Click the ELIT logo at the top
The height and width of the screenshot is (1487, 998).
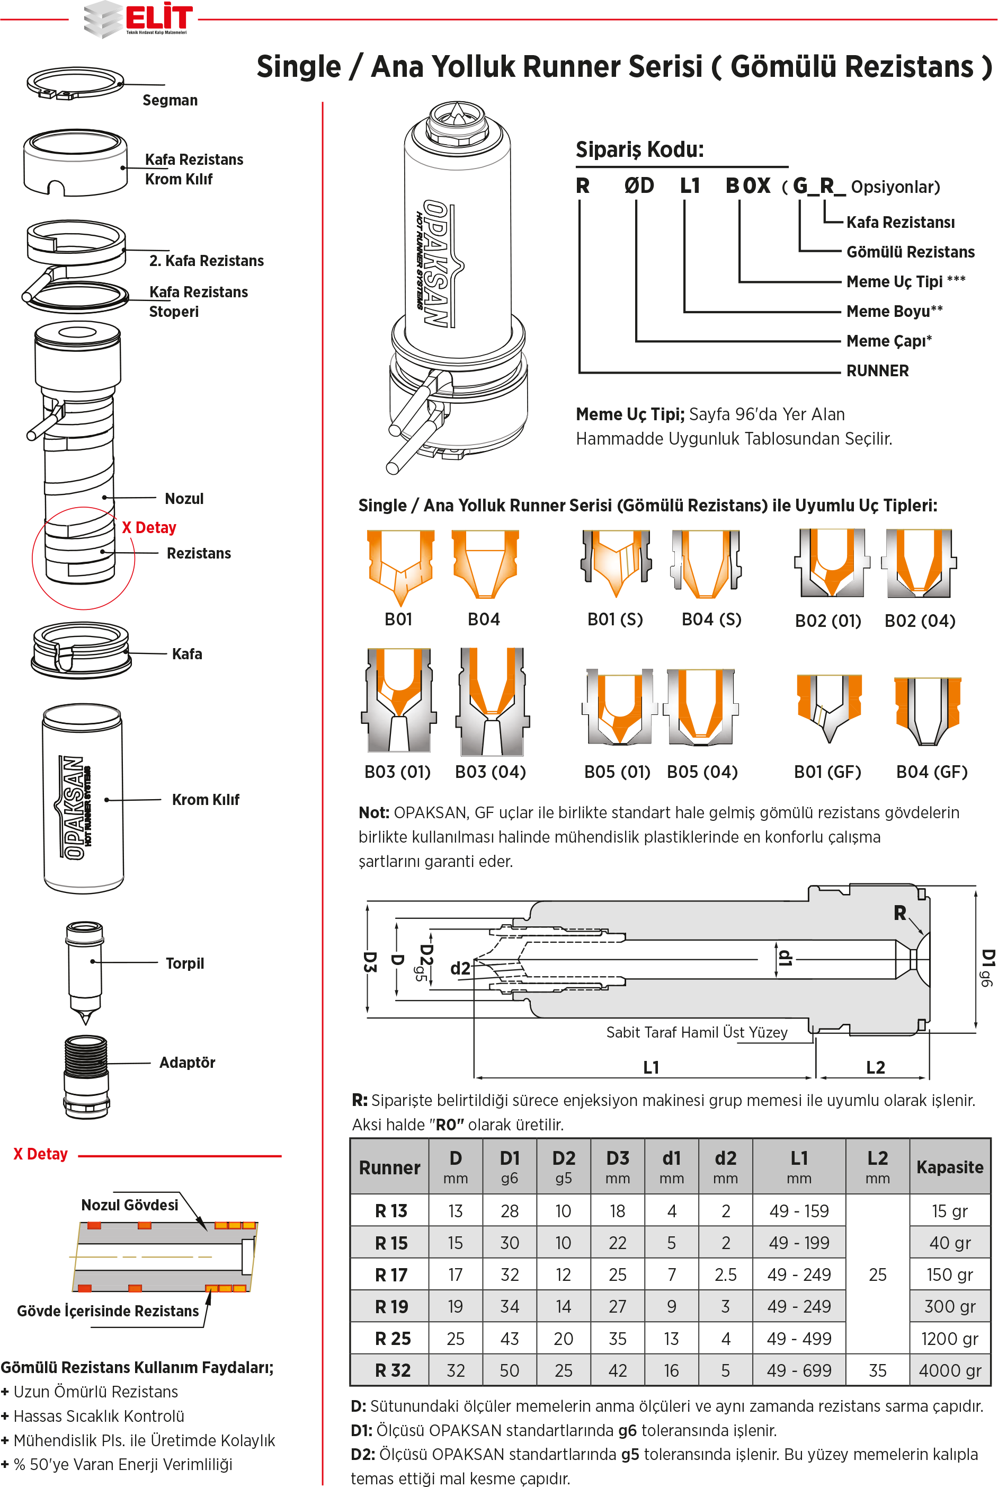tap(139, 19)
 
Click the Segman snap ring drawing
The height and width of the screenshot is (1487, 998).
tap(75, 83)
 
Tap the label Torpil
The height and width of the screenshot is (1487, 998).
tap(184, 963)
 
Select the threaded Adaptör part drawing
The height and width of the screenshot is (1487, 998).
tap(86, 1076)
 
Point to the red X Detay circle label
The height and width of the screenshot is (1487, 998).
tap(149, 528)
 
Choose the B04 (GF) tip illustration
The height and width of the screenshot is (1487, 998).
tap(928, 710)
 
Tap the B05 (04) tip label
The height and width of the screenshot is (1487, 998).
tap(702, 772)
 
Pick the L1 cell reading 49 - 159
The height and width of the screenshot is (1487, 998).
tap(799, 1211)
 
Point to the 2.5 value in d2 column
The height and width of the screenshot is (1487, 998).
tap(725, 1274)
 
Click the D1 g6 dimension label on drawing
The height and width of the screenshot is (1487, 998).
tap(986, 968)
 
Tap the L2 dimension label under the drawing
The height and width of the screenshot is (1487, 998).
tap(875, 1067)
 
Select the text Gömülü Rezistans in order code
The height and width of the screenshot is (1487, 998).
tap(910, 252)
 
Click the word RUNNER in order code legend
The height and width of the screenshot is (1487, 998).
tap(877, 370)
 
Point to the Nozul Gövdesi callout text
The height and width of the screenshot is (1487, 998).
tap(129, 1205)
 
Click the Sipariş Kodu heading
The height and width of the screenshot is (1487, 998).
tap(640, 149)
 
